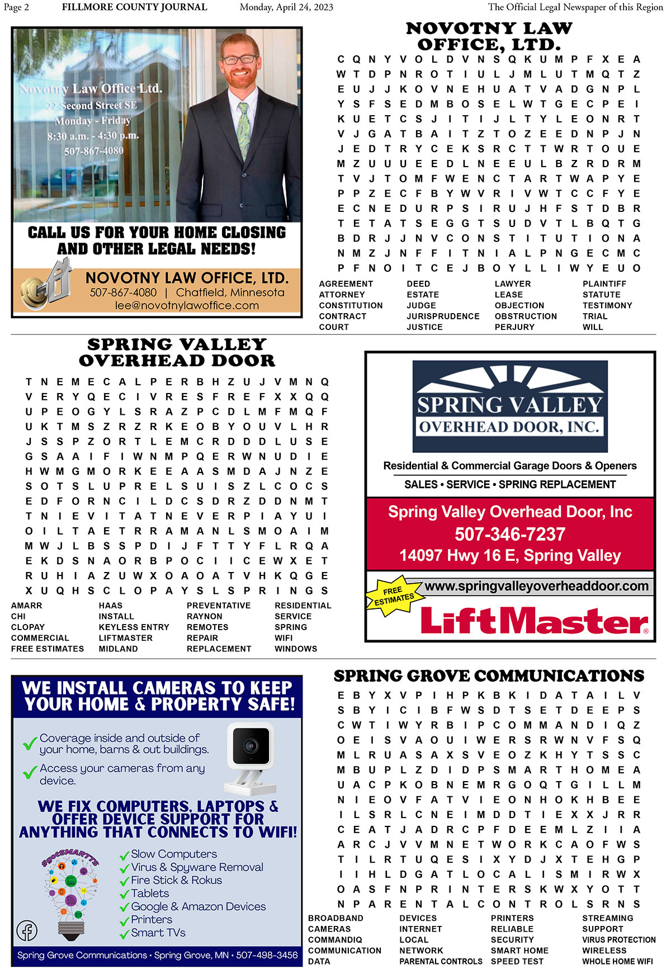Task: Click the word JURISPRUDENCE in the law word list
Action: pyautogui.click(x=443, y=316)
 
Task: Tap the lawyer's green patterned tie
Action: pyautogui.click(x=244, y=129)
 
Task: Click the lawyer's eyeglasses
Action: pyautogui.click(x=240, y=59)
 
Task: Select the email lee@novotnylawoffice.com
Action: pyautogui.click(x=187, y=306)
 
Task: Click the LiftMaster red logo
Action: pyautogui.click(x=534, y=621)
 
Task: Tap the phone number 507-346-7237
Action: pyautogui.click(x=510, y=534)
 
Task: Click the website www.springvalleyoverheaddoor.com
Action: pyautogui.click(x=537, y=586)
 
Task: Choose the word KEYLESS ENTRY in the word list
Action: pyautogui.click(x=134, y=627)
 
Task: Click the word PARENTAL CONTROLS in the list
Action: pyautogui.click(x=441, y=962)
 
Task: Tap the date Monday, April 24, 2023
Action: pyautogui.click(x=286, y=7)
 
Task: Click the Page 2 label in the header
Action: pyautogui.click(x=16, y=7)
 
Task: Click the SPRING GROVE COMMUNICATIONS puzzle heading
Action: pyautogui.click(x=489, y=676)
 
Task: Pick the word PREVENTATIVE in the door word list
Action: pyautogui.click(x=219, y=606)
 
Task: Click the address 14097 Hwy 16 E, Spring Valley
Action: pyautogui.click(x=510, y=555)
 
